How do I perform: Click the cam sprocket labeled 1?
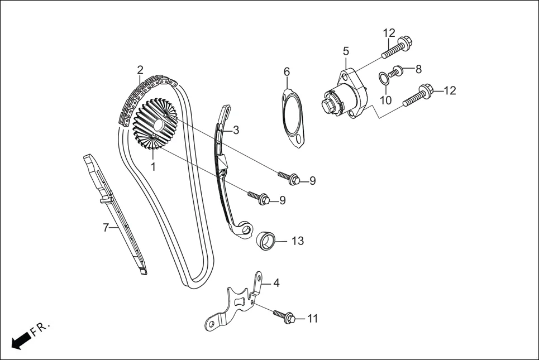tap(155, 125)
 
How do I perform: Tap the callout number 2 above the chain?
tap(140, 70)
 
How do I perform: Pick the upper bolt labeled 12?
tap(396, 47)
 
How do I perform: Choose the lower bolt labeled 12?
tap(416, 95)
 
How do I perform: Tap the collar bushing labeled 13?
tap(267, 241)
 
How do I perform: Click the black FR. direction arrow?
tap(20, 340)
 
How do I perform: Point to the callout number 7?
tap(105, 228)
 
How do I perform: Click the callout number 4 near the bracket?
tap(276, 283)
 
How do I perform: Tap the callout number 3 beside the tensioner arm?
tap(236, 130)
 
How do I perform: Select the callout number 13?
tap(298, 241)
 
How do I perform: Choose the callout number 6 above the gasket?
tap(287, 71)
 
